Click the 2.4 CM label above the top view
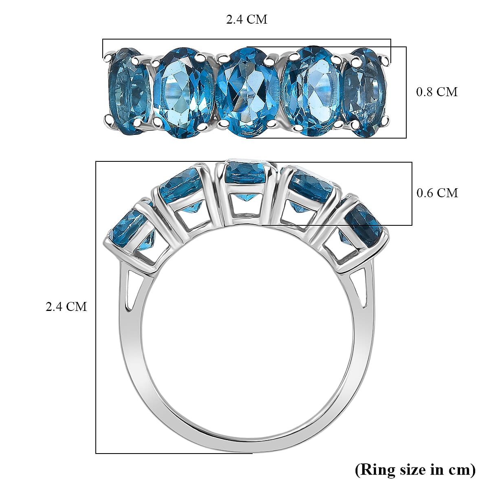point(247,19)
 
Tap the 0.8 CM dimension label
point(436,92)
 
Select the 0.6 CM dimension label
point(437,192)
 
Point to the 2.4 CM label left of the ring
point(66,306)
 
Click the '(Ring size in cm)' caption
point(415,469)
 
